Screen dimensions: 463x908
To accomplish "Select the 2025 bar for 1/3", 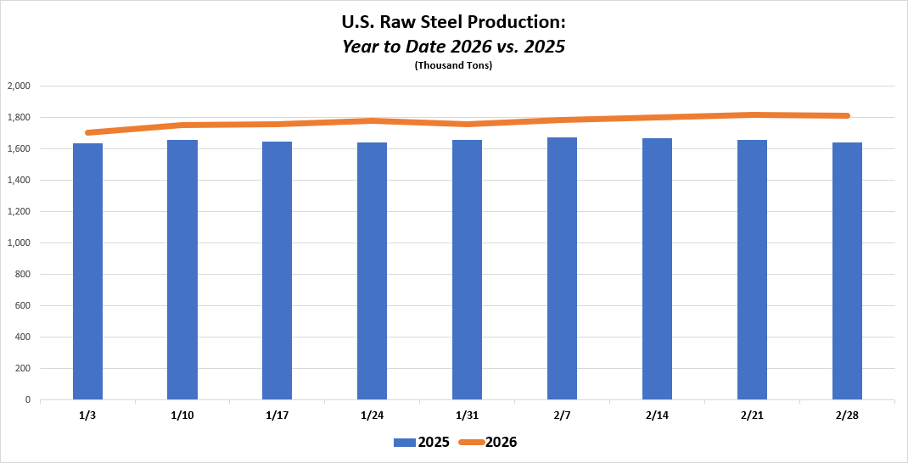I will (87, 271).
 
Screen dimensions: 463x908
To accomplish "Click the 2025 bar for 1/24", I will (372, 271).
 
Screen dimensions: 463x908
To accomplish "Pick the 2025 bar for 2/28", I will (847, 271).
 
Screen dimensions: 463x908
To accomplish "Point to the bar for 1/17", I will (277, 271).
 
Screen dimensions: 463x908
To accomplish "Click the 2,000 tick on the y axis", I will (19, 86).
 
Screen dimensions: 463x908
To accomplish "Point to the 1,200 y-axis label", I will (19, 212).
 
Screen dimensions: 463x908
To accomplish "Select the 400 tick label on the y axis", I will (23, 337).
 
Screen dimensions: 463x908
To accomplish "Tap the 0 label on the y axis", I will (28, 400).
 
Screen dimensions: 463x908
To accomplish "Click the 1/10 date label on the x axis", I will (182, 415).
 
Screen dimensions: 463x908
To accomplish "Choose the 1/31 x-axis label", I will (467, 415).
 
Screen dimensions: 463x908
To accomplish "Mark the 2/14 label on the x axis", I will (657, 415).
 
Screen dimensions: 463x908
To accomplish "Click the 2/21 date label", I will (752, 415).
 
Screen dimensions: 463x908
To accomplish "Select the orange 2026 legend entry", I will (489, 442).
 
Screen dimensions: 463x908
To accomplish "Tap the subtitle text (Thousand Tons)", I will (453, 66).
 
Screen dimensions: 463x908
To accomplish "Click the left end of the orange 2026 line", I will (88, 132).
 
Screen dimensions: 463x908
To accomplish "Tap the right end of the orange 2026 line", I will (847, 116).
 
